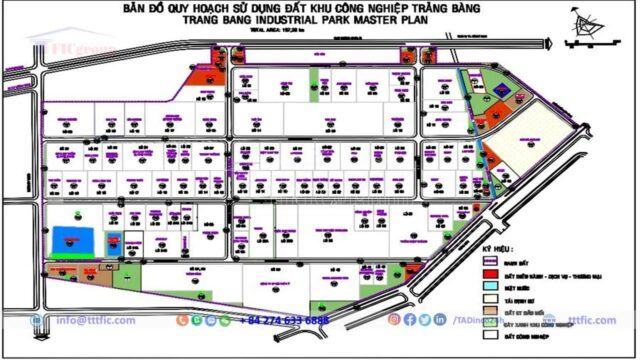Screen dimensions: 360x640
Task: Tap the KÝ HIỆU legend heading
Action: [497, 245]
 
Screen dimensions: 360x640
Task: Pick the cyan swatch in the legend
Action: [491, 285]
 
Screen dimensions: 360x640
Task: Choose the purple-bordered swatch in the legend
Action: [491, 262]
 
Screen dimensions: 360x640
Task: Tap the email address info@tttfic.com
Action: [99, 320]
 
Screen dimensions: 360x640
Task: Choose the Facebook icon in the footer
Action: [410, 320]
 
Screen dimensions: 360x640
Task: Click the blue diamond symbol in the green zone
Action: [503, 98]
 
